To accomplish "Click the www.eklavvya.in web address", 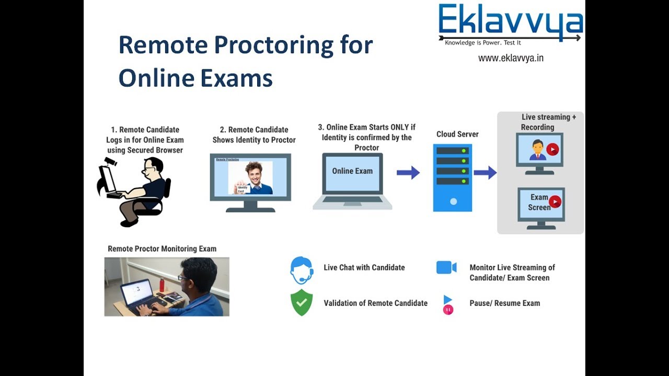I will point(511,58).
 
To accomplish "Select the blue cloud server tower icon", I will point(452,178).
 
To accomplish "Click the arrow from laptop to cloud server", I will point(408,172).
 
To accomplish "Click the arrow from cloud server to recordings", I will point(485,172).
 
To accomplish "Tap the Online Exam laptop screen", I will point(352,172).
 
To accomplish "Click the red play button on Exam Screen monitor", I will point(555,202).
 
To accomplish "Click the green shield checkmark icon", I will point(302,303).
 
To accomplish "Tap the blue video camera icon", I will point(446,267).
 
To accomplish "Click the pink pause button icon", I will point(448,310).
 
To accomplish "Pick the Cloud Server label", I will point(457,134).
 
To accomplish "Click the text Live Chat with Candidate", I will point(364,267).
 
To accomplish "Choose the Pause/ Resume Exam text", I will point(504,303).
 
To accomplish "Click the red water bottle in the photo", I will point(162,285).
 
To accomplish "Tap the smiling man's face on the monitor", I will point(254,172).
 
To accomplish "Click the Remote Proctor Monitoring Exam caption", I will point(162,249).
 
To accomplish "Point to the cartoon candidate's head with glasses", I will point(152,168).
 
